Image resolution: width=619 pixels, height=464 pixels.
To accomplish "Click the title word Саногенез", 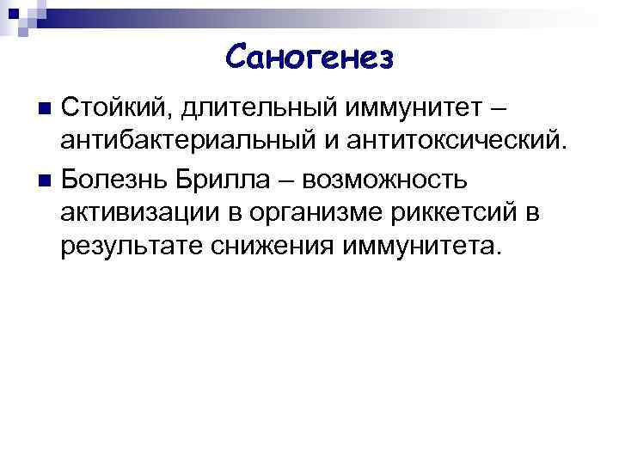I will tap(309, 58).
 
